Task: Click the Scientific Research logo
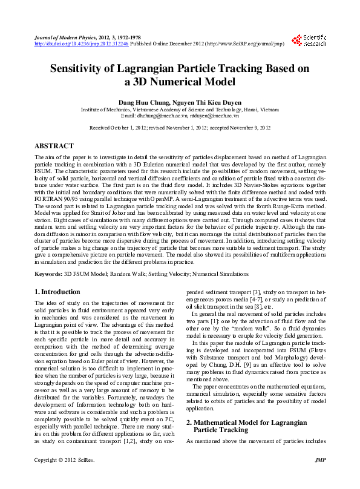(309, 41)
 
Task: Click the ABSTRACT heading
(54, 146)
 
